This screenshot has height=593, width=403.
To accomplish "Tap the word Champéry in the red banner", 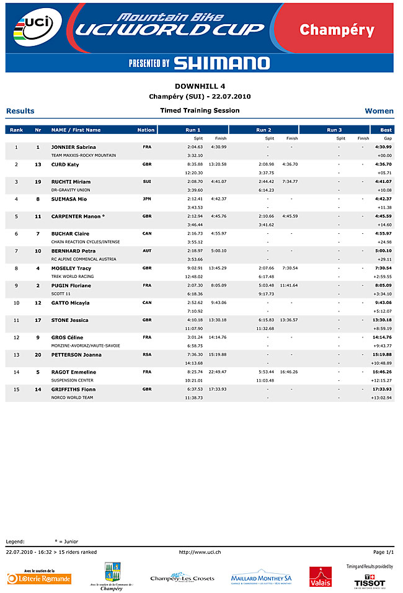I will click(337, 30).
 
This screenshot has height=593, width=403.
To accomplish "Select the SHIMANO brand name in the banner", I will click(221, 63).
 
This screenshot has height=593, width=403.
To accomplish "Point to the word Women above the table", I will click(379, 111).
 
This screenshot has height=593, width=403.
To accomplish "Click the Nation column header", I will click(146, 130).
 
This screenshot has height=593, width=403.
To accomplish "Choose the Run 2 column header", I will click(263, 130).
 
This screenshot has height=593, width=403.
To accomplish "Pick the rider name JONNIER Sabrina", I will click(73, 147).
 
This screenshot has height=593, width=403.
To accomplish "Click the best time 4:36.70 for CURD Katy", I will click(383, 164).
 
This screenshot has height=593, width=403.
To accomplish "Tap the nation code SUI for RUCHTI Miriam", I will click(146, 182).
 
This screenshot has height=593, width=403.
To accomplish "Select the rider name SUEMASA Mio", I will click(69, 199).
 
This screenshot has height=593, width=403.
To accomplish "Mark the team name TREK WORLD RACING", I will click(73, 276).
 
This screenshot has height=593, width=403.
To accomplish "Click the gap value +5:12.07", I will click(382, 311).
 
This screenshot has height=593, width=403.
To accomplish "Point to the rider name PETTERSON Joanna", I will click(76, 355).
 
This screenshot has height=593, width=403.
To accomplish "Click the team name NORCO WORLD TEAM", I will click(72, 397).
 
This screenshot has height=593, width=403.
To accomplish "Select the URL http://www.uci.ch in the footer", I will click(200, 551).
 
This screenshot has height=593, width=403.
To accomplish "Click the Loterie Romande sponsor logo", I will click(39, 577).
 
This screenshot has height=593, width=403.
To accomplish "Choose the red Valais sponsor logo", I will click(321, 577).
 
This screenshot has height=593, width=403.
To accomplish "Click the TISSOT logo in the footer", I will click(370, 582).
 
